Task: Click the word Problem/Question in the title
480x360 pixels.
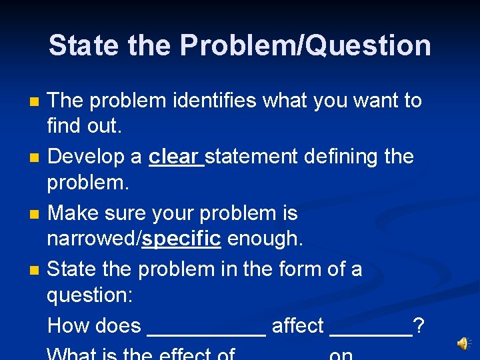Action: (x=305, y=46)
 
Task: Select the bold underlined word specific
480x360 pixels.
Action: (x=181, y=239)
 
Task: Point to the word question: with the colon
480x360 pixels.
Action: (x=89, y=295)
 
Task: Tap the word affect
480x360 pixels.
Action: (x=297, y=326)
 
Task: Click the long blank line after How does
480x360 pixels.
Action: (x=206, y=332)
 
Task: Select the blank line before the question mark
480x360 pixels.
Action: (x=371, y=332)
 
